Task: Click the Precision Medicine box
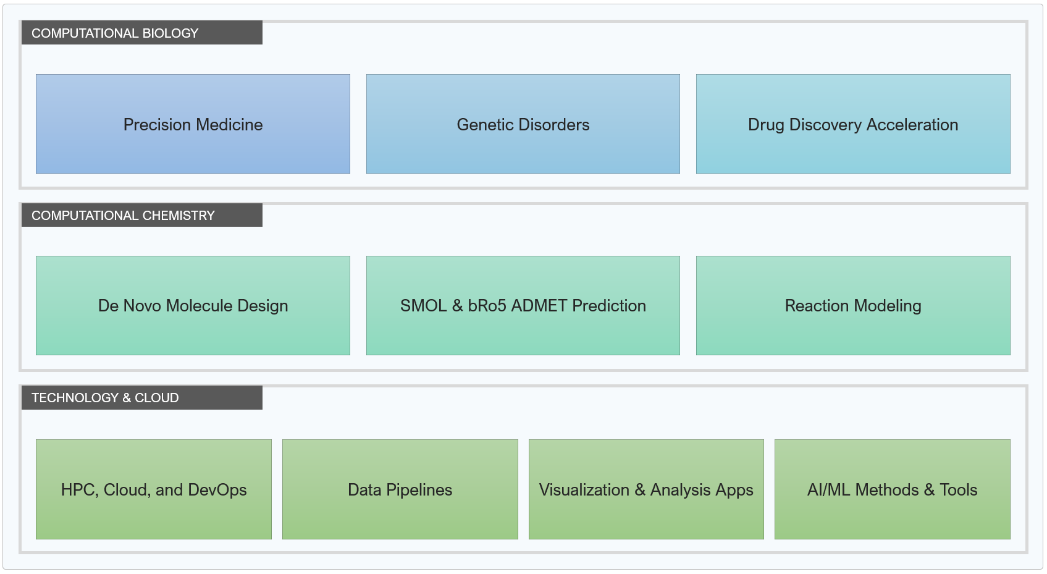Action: point(193,124)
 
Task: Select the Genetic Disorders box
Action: point(523,124)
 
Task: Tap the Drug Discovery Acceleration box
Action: point(853,124)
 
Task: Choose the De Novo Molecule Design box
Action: point(193,305)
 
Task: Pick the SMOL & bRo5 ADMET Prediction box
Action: point(523,305)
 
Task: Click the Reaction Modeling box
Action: point(853,305)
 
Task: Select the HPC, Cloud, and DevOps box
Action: point(154,489)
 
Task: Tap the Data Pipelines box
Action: point(400,489)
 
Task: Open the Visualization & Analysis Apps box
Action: point(647,489)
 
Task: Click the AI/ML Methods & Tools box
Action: point(893,489)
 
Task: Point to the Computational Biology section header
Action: point(142,33)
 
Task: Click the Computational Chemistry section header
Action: point(142,215)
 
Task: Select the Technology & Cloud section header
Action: point(142,397)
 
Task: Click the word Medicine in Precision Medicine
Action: point(229,125)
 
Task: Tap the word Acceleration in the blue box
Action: point(912,125)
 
